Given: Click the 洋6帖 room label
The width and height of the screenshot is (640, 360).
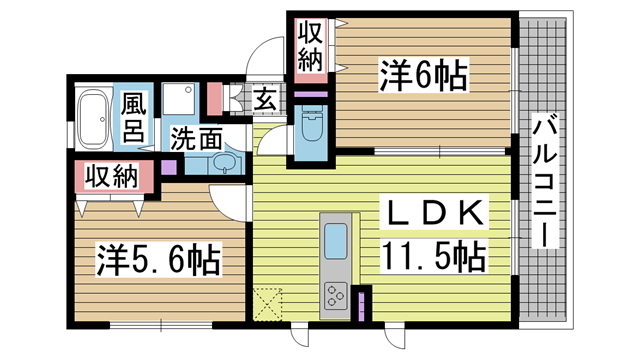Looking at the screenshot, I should coord(424,76).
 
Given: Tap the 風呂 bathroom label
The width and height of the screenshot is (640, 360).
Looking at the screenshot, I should coord(135,117).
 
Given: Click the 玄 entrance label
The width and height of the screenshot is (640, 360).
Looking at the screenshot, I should coord(265,100).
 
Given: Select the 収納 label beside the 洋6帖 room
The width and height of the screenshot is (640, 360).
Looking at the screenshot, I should coord(309,46).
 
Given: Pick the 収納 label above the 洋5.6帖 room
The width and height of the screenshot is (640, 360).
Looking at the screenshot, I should coord(110,177).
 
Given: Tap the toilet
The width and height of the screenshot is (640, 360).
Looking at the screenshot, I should coord(309,129).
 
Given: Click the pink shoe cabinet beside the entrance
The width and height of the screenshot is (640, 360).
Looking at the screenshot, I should coord(215,98).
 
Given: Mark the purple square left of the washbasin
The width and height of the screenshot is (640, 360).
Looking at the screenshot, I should coord(167,166).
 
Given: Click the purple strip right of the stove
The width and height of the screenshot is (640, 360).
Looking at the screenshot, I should coord(362,303).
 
